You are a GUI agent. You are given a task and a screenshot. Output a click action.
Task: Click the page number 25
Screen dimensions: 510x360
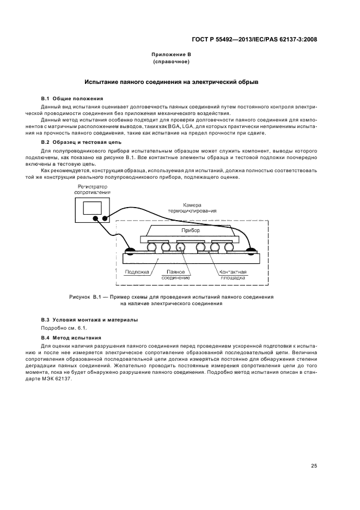(314, 465)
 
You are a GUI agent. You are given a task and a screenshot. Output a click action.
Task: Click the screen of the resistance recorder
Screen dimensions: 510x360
(93, 207)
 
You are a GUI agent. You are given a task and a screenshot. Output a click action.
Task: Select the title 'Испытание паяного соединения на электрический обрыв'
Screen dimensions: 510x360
(171, 82)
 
